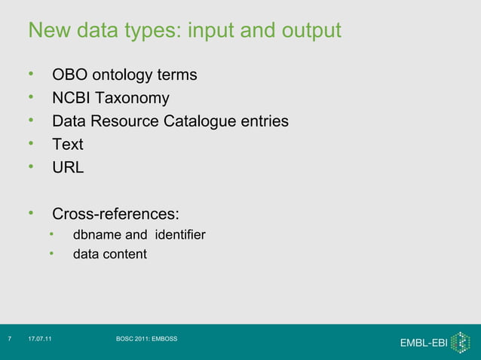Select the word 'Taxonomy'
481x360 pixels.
click(134, 99)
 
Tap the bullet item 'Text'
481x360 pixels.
click(67, 145)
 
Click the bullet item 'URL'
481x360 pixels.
click(68, 168)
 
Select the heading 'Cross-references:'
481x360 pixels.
click(115, 213)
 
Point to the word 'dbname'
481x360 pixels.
click(93, 236)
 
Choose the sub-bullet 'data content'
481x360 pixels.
click(109, 255)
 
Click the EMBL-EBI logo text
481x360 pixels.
click(423, 343)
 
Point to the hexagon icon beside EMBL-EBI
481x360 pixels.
click(459, 342)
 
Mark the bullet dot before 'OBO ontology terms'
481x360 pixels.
click(32, 75)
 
